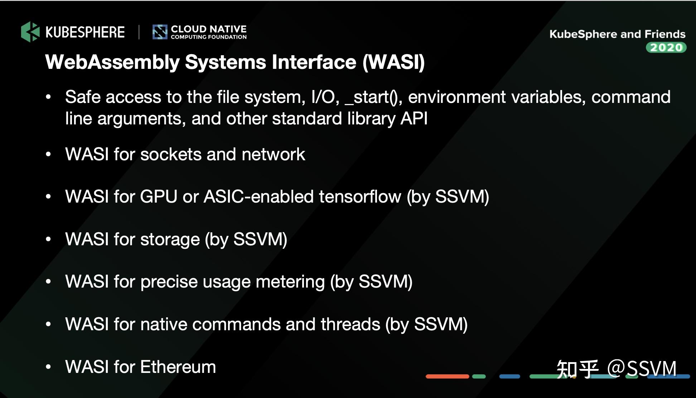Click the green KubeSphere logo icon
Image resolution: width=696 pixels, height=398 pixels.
[30, 32]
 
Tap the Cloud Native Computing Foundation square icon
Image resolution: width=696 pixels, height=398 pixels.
[160, 32]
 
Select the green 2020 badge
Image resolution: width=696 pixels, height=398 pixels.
[666, 48]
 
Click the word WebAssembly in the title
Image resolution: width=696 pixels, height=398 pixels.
[112, 62]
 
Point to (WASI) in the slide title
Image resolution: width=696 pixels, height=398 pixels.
[393, 62]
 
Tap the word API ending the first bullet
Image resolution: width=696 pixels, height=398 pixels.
[414, 119]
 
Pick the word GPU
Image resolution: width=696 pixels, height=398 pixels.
[159, 197]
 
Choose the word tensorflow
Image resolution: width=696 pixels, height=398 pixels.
[360, 197]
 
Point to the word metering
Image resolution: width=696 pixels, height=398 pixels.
[290, 282]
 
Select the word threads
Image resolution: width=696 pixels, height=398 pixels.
[350, 324]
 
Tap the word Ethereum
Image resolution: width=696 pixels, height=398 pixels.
[178, 367]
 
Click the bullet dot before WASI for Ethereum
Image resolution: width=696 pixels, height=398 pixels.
[48, 367]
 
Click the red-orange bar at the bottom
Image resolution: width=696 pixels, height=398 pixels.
[447, 376]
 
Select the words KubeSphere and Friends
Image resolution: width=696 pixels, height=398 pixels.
[617, 34]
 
